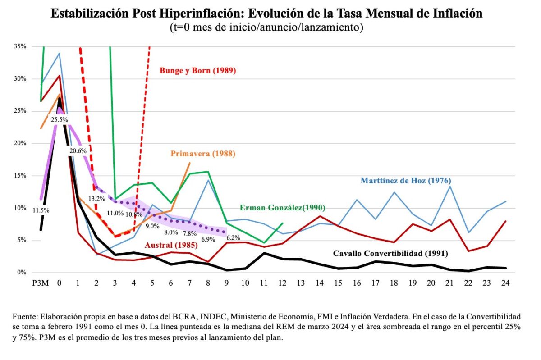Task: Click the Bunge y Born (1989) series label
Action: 198,71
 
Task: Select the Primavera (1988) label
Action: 203,154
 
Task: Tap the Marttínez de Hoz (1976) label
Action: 406,181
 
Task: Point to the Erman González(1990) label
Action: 282,208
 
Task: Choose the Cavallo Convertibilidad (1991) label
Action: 390,254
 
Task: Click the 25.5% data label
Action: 59,120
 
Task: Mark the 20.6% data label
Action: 78,151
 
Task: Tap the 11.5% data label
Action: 41,210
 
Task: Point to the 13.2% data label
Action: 96,198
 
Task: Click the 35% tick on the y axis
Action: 20,46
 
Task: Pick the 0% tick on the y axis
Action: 22,273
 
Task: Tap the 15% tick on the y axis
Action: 20,176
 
